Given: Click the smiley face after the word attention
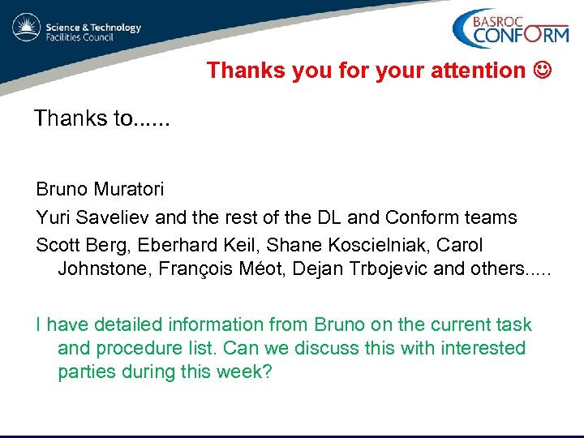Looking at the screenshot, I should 543,71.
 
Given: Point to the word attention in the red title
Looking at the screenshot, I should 484,71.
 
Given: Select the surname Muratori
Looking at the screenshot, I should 129,190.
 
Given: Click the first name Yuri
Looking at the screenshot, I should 50,217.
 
